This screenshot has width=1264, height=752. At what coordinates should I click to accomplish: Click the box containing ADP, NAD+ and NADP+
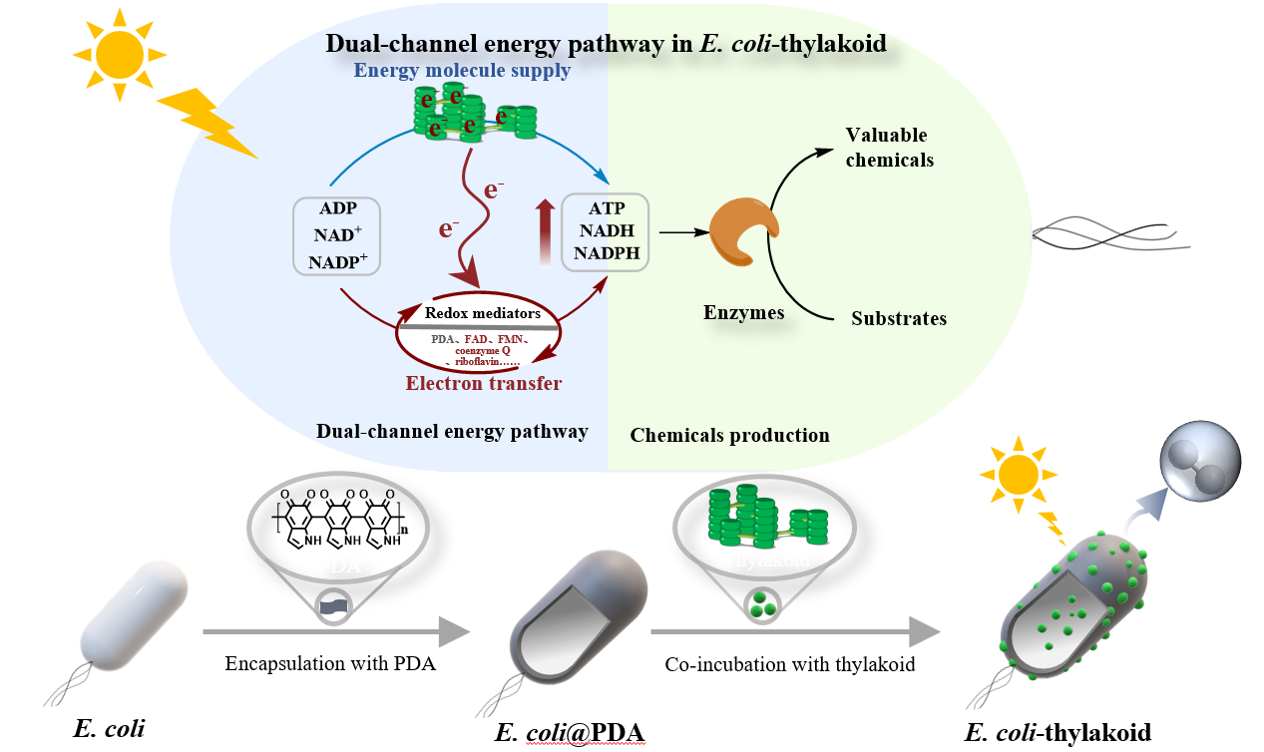click(337, 235)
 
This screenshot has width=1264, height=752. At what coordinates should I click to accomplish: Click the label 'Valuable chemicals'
click(889, 147)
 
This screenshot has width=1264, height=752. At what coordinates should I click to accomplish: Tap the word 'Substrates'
click(898, 319)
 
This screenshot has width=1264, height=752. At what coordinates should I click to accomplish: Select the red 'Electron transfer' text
click(483, 383)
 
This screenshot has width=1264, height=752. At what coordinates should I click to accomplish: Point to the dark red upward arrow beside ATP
click(544, 231)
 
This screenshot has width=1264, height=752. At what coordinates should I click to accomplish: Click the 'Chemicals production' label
click(730, 435)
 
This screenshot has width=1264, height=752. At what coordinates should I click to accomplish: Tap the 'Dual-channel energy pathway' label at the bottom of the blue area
click(452, 431)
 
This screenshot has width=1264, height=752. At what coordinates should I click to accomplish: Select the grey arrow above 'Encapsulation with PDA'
click(335, 631)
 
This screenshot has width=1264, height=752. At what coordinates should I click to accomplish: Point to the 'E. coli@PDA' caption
click(570, 734)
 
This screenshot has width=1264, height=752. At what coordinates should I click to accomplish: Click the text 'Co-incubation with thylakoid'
click(790, 664)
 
